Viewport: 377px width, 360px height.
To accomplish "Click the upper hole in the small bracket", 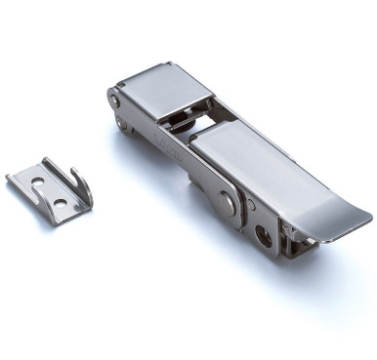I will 37,182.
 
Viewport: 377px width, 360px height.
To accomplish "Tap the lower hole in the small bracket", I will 59,204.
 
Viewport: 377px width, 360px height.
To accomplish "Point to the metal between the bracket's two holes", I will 48,193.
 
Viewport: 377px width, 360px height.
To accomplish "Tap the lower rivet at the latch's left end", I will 122,123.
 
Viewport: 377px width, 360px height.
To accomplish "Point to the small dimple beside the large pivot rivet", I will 250,206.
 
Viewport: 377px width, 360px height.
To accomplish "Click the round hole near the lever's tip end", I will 262,235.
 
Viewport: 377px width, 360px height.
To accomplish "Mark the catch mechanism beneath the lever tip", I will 293,240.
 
